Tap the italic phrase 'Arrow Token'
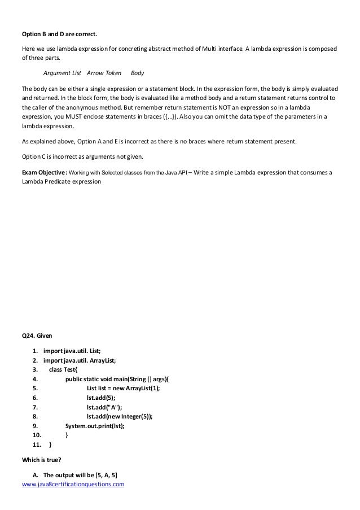coord(104,73)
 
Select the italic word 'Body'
coord(137,73)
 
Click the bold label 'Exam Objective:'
coord(44,172)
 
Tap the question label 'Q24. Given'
coord(36,335)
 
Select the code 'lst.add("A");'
coord(104,407)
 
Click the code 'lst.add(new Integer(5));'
coord(119,416)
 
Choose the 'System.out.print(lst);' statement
coord(95,426)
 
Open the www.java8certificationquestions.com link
coord(72,483)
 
